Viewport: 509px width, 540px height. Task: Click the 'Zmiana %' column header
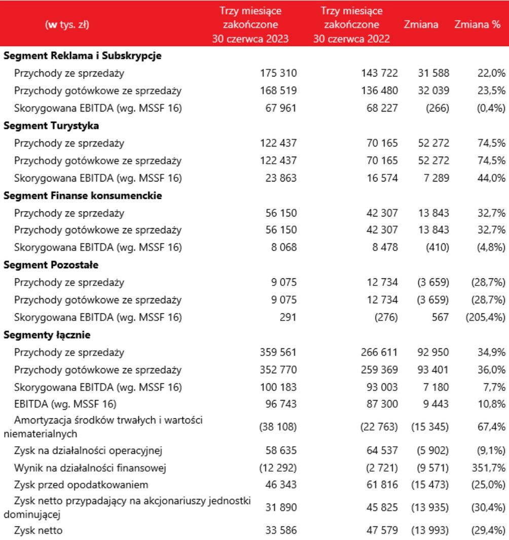click(477, 24)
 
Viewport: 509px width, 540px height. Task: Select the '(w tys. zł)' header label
click(67, 24)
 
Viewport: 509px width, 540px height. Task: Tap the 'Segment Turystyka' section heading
click(51, 126)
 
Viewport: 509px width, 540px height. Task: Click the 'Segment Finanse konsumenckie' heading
click(83, 195)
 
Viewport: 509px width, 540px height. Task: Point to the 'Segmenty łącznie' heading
click(47, 335)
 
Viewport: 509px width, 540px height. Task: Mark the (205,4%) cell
click(485, 317)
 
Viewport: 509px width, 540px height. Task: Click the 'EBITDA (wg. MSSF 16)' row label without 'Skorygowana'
click(65, 405)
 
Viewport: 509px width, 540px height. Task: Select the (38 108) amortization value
click(277, 427)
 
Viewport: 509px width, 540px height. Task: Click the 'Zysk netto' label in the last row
click(39, 531)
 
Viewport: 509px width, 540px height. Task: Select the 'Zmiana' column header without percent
click(421, 24)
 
